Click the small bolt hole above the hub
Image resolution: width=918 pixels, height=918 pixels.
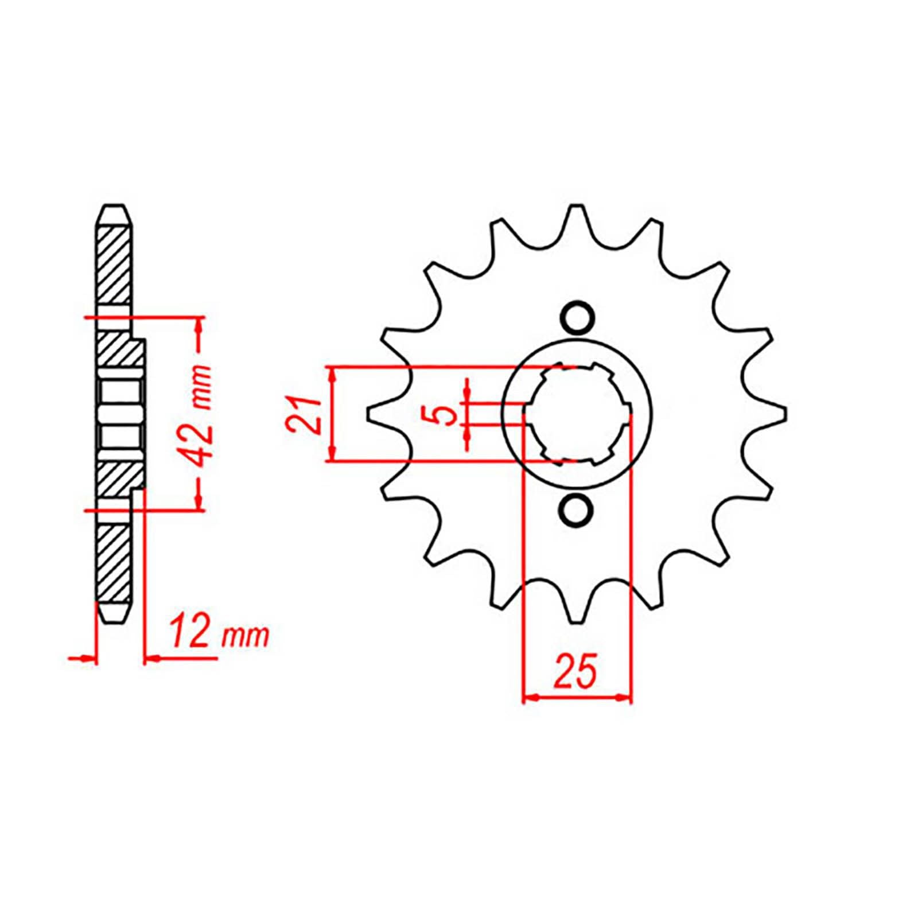pyautogui.click(x=577, y=317)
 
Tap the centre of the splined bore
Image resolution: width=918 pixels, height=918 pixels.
pyautogui.click(x=577, y=413)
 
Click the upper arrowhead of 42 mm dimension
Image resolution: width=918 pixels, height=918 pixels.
pyautogui.click(x=200, y=324)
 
